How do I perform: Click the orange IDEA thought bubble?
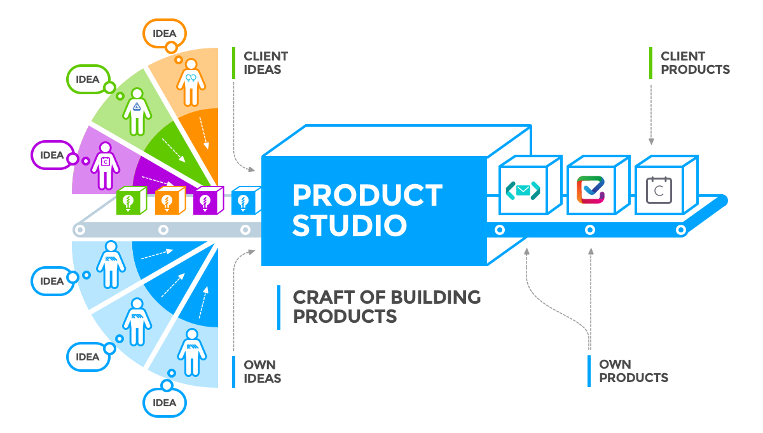[x=165, y=34]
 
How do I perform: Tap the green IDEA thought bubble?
[x=88, y=79]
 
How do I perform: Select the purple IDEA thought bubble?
[x=53, y=155]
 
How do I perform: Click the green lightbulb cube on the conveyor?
[x=132, y=201]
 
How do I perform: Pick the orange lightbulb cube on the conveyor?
[x=170, y=201]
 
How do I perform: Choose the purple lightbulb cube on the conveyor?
[x=209, y=201]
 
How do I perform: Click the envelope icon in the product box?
[x=523, y=190]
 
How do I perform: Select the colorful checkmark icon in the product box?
[x=591, y=190]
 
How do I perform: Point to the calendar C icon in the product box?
[x=659, y=190]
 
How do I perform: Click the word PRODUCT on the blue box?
[x=368, y=195]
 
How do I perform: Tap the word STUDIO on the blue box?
[x=350, y=225]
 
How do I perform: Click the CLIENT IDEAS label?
[x=266, y=63]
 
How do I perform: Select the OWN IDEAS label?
[x=262, y=372]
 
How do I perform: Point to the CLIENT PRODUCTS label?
[x=695, y=63]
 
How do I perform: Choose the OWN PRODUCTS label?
[x=633, y=371]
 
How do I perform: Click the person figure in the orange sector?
[x=191, y=83]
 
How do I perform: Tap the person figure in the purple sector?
[x=106, y=166]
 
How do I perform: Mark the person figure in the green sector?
[x=137, y=112]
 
